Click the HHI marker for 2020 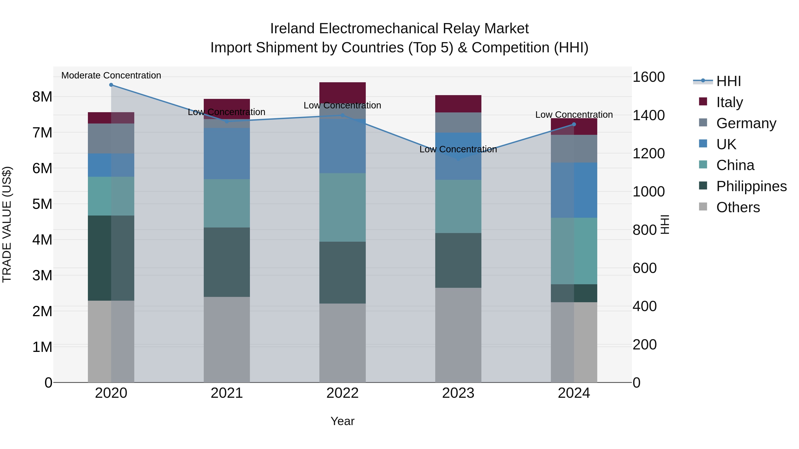[x=111, y=85]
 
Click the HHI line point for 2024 [x=574, y=124]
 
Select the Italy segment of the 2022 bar [x=342, y=92]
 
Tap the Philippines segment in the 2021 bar [x=227, y=262]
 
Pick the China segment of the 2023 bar [x=458, y=206]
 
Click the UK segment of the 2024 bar [x=574, y=190]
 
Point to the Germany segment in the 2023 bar [x=458, y=122]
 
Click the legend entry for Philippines [x=751, y=186]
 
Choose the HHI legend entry [x=728, y=81]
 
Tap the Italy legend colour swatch [x=703, y=102]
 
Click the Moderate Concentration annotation [x=111, y=75]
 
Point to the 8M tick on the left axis [x=42, y=97]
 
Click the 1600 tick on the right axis [x=648, y=77]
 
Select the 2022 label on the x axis [x=342, y=393]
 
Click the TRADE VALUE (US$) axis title [x=7, y=224]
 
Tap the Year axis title [x=342, y=421]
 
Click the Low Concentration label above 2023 [x=458, y=149]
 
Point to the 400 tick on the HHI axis [x=645, y=306]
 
